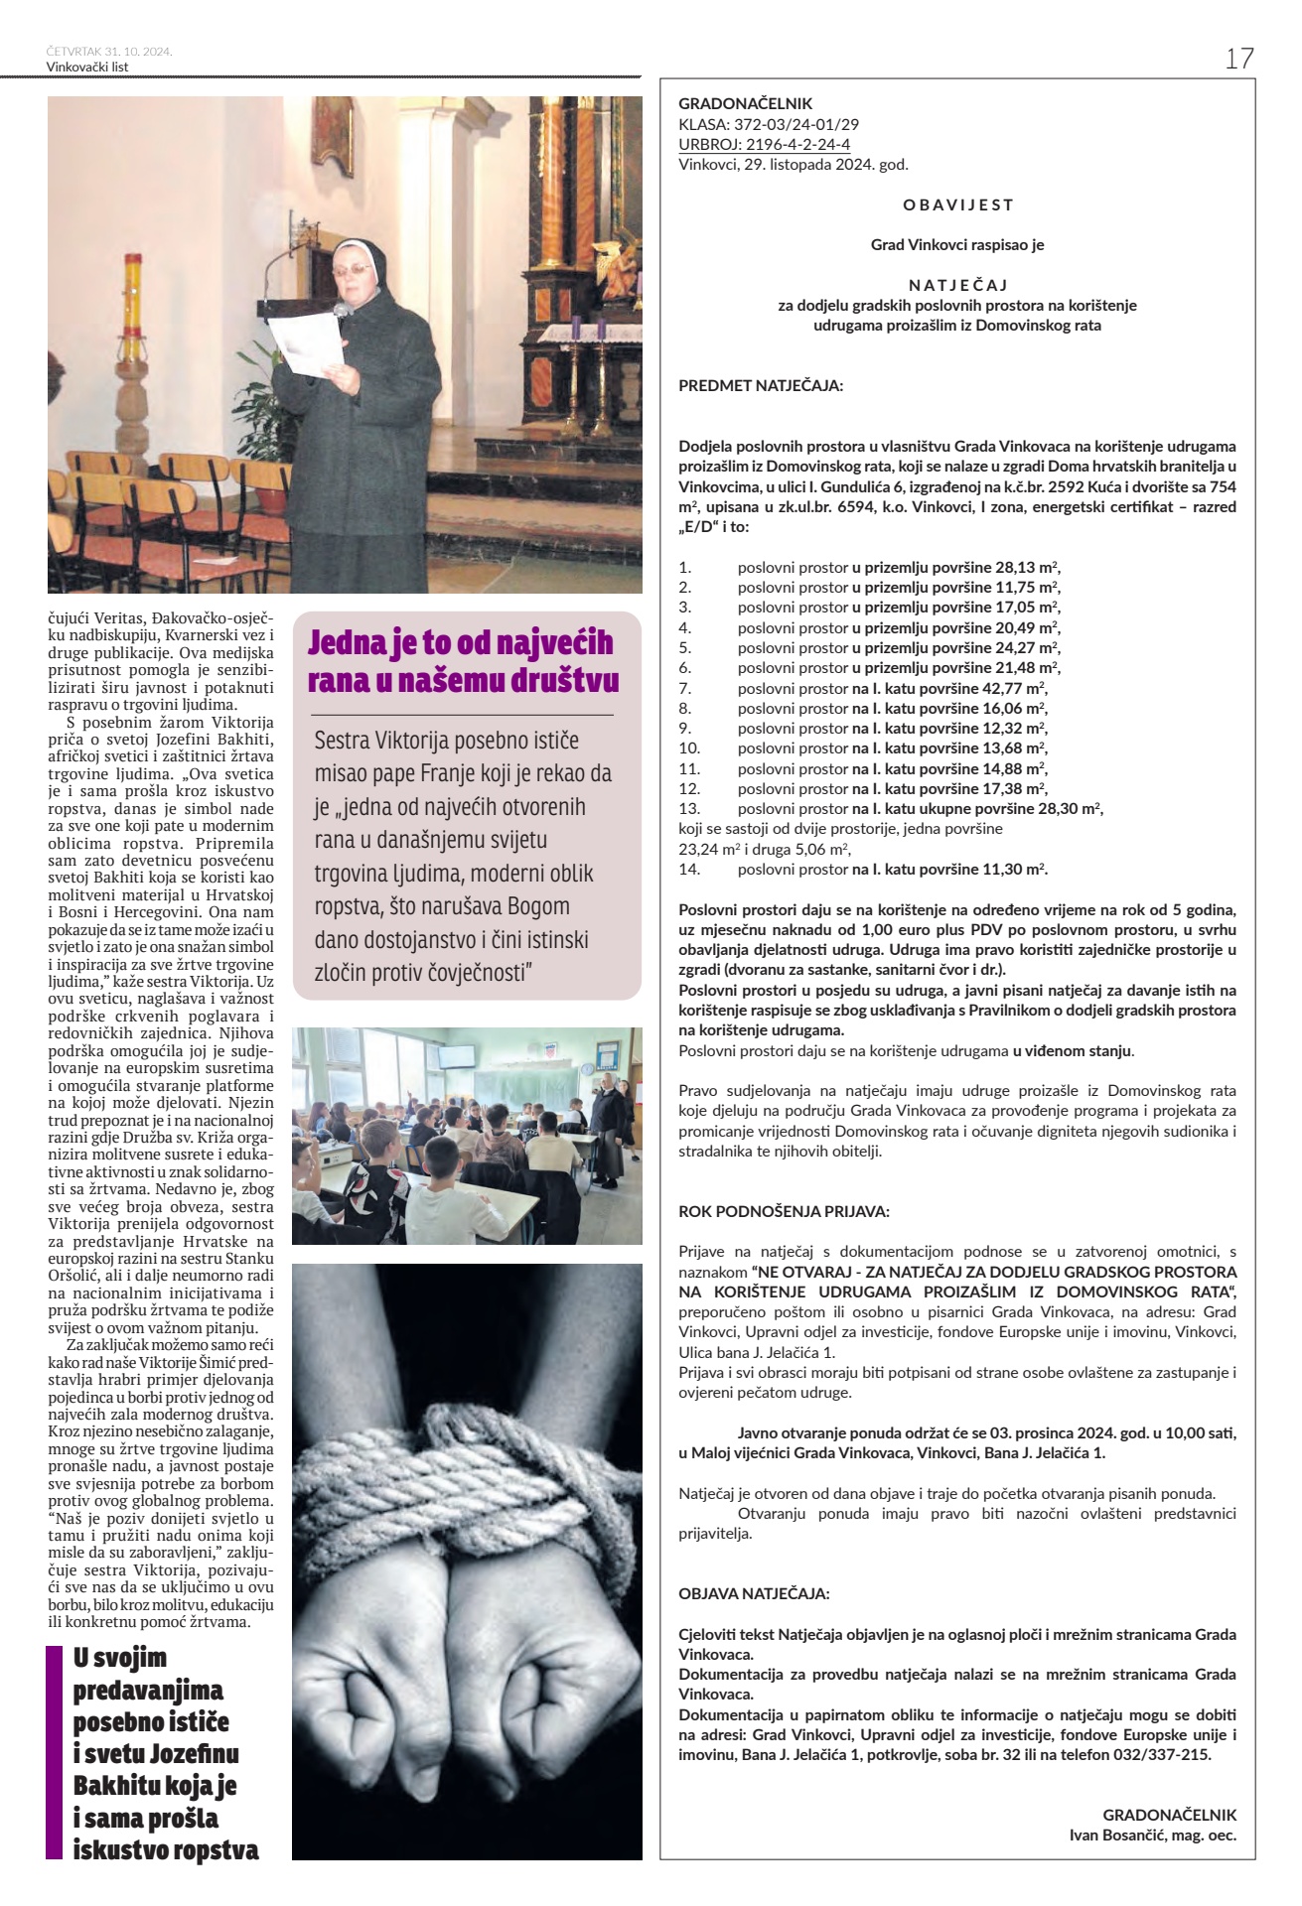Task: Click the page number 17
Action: point(1238,59)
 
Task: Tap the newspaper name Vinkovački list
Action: point(87,67)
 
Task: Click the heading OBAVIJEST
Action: point(957,204)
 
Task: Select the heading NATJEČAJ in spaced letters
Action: point(957,285)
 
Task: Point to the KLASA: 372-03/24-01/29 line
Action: point(769,124)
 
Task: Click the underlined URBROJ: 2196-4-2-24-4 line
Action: point(764,144)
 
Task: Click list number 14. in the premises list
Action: point(689,869)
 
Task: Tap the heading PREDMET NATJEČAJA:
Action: point(761,385)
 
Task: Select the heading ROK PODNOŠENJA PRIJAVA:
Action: point(784,1211)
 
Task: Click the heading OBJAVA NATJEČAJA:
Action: point(754,1593)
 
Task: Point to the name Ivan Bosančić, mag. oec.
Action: point(1152,1835)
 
